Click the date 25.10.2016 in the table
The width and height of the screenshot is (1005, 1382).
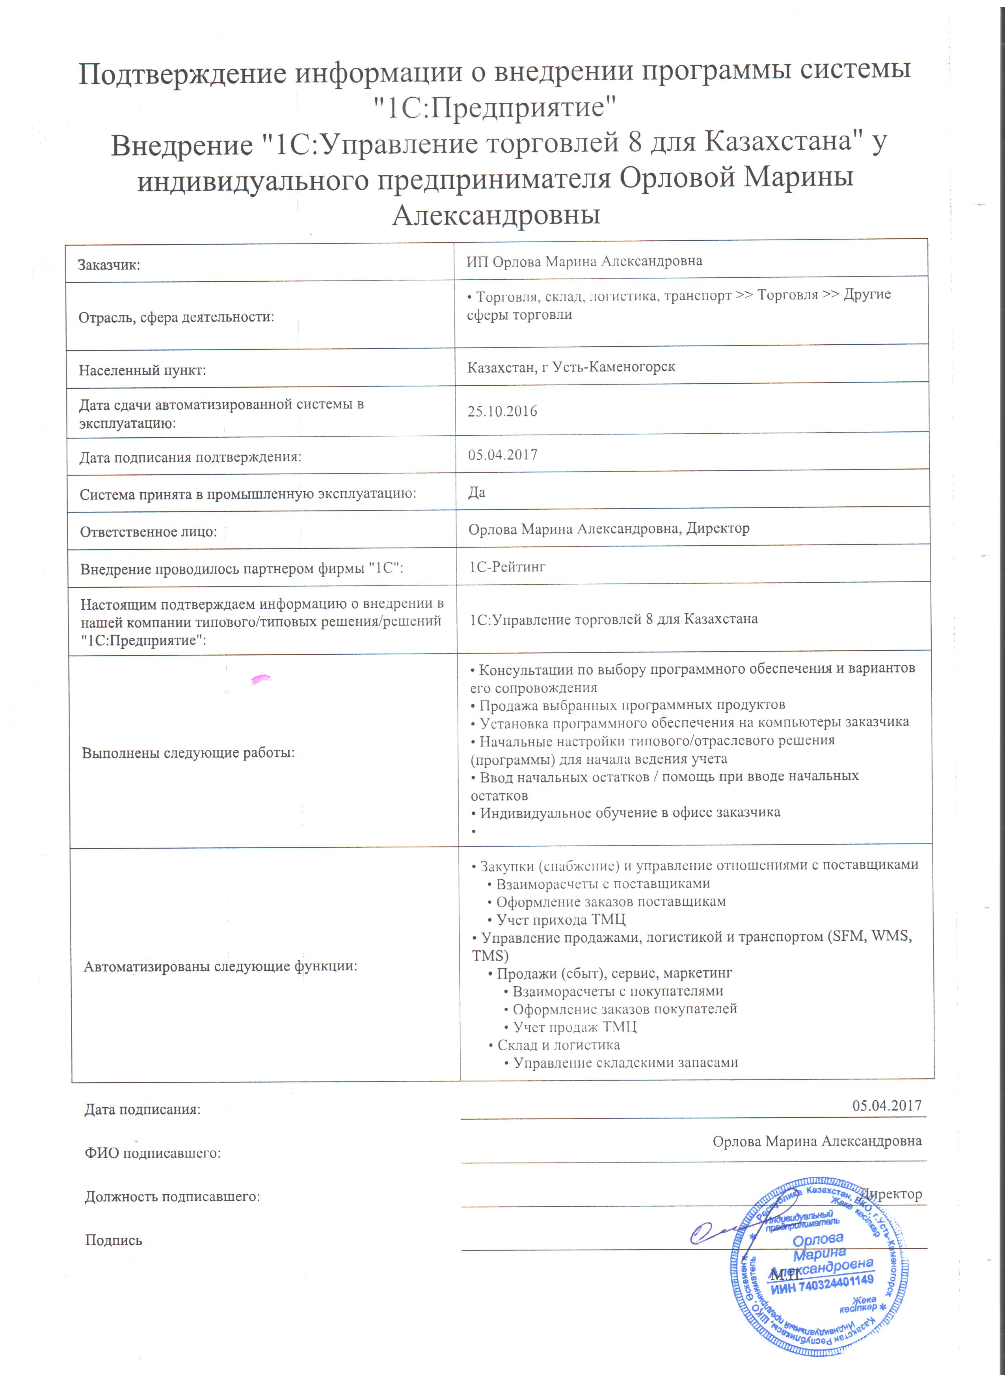[502, 411]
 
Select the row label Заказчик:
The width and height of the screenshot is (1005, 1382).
[109, 265]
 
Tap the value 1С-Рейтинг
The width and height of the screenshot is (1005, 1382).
[507, 567]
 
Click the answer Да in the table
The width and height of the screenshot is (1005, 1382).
[476, 492]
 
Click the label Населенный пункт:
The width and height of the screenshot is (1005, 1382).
[142, 370]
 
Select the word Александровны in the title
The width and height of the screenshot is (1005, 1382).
[496, 215]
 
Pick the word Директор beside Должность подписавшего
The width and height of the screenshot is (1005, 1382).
[893, 1194]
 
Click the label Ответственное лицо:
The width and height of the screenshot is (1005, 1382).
[148, 532]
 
